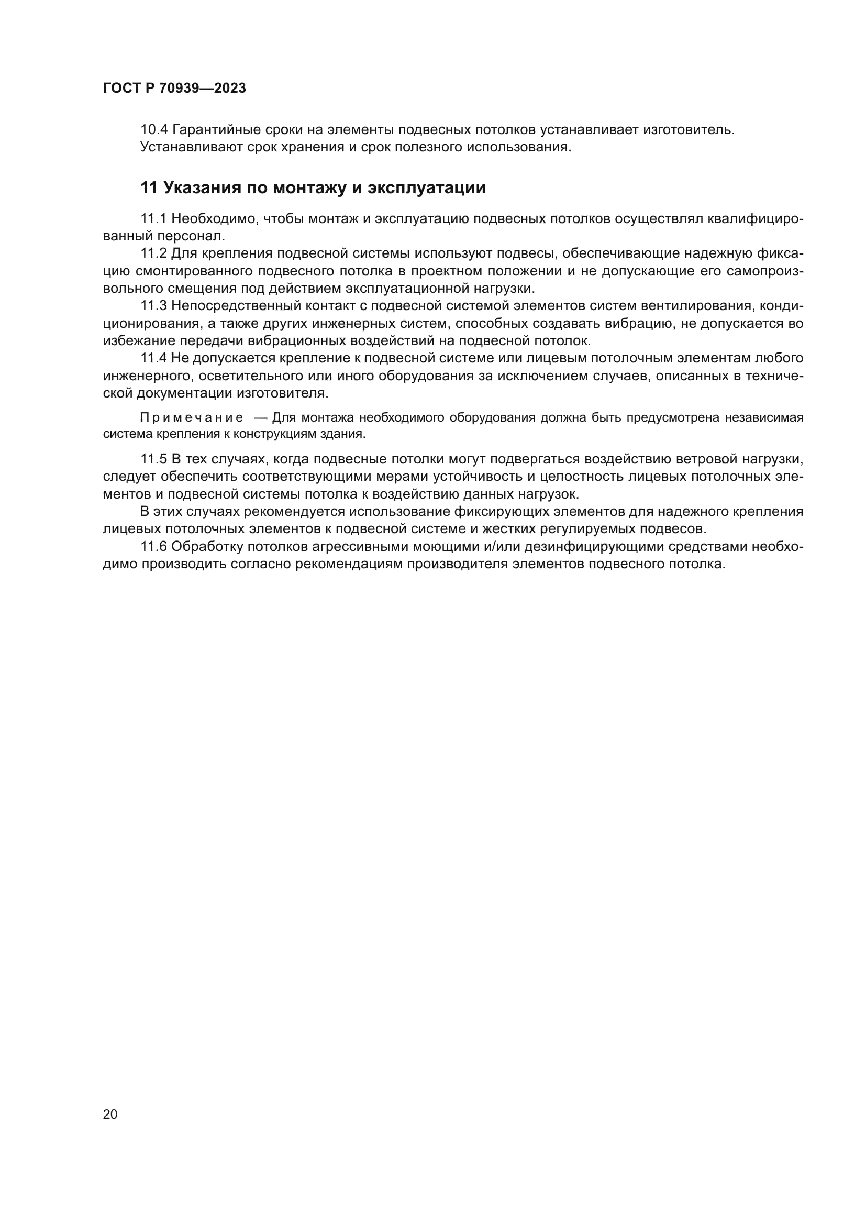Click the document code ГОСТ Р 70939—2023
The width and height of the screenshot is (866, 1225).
pyautogui.click(x=174, y=89)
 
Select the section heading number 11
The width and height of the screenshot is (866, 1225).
pyautogui.click(x=149, y=188)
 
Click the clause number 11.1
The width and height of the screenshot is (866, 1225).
pyautogui.click(x=153, y=219)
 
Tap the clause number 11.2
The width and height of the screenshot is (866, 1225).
pyautogui.click(x=153, y=253)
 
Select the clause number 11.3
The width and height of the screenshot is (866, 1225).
pyautogui.click(x=153, y=306)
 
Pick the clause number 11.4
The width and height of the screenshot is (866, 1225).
pyautogui.click(x=153, y=358)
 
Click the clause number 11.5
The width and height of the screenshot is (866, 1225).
pyautogui.click(x=153, y=459)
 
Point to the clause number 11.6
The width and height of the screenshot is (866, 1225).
pyautogui.click(x=153, y=546)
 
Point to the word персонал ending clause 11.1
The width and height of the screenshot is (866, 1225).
pyautogui.click(x=191, y=236)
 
